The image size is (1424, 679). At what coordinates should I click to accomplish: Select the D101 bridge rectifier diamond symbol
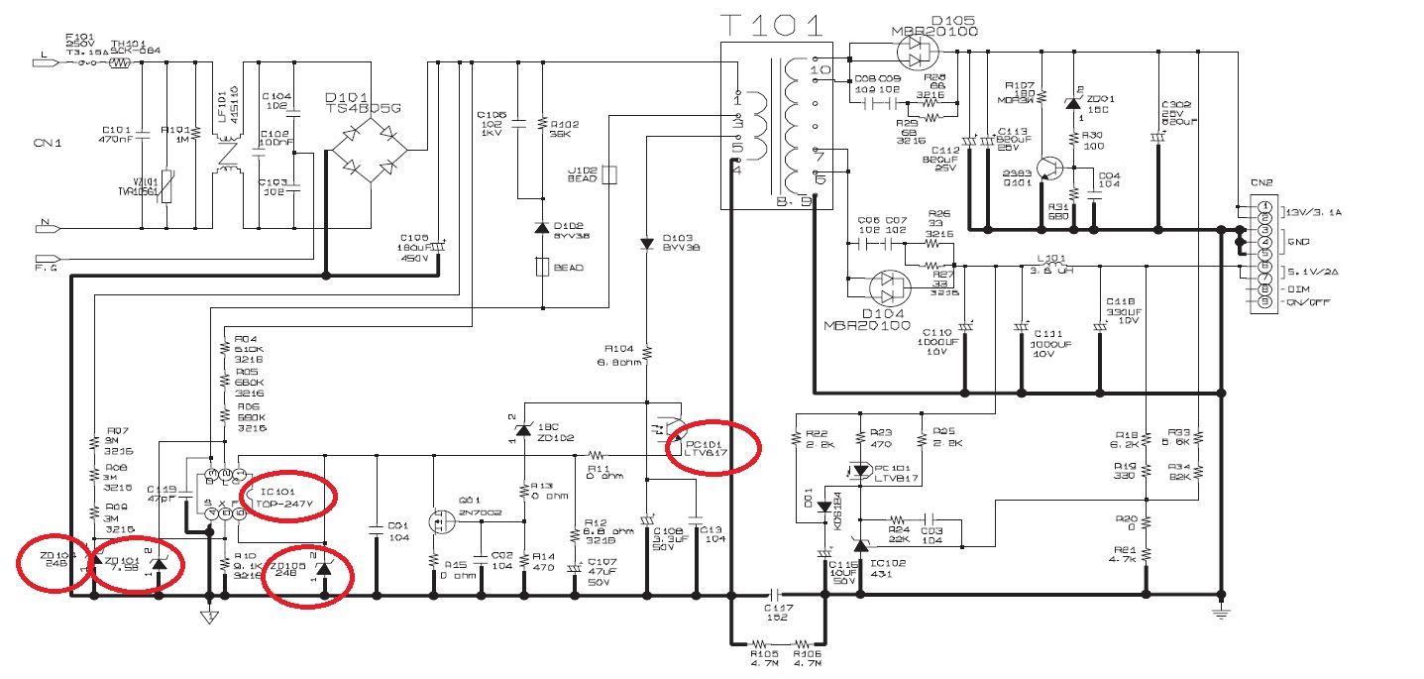[x=369, y=151]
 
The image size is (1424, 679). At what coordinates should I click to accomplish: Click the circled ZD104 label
[x=55, y=558]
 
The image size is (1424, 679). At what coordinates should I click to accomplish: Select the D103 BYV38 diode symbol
[x=646, y=242]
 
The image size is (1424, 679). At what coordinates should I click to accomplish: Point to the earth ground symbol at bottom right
[x=1221, y=614]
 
